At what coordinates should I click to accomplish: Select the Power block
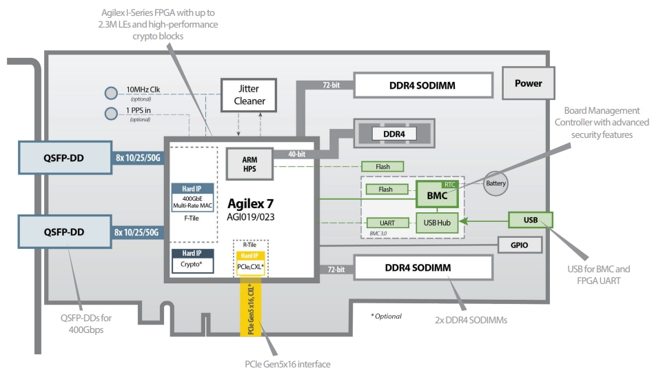coord(528,83)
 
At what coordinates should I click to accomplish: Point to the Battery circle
coord(495,184)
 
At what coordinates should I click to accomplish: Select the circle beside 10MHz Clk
coord(112,92)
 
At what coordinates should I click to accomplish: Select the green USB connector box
coord(530,220)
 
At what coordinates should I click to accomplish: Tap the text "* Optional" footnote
coord(386,316)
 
